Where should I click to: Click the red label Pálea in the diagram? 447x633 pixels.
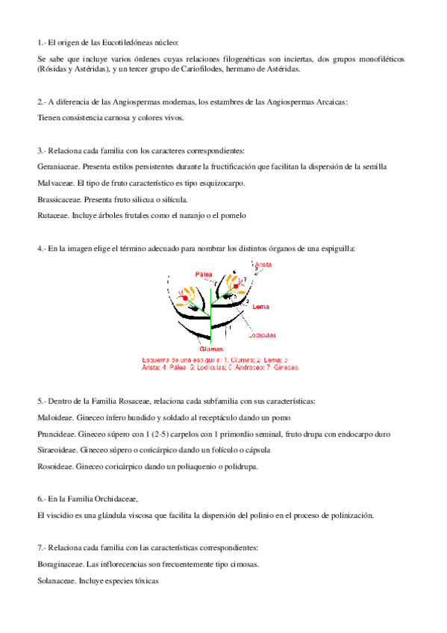click(204, 274)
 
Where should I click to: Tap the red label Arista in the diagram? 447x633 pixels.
click(263, 265)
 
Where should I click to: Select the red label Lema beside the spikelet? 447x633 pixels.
click(261, 306)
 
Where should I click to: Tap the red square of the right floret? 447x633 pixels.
click(236, 285)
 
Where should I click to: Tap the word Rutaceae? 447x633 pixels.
click(52, 216)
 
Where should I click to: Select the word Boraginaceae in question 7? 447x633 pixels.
click(58, 564)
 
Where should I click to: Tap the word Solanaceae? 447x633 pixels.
click(56, 581)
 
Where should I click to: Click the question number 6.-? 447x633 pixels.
click(42, 498)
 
